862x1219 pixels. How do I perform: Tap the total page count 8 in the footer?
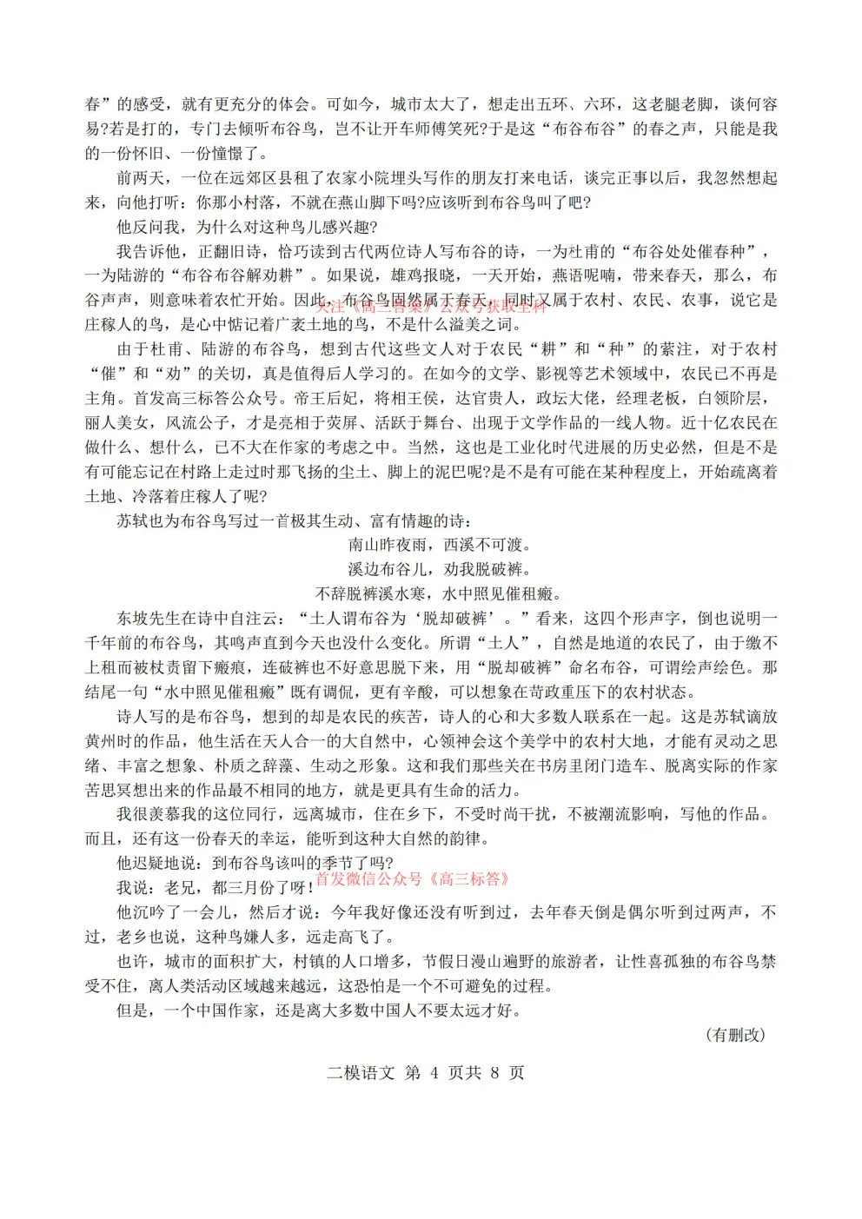tap(494, 1072)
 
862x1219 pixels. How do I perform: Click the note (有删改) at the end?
tap(737, 1034)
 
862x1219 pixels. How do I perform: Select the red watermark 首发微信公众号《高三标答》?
tap(412, 878)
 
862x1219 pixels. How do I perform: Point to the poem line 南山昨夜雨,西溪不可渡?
tap(439, 545)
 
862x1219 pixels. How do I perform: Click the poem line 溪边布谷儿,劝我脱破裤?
tap(439, 569)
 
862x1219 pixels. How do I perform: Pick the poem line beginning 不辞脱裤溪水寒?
tap(439, 594)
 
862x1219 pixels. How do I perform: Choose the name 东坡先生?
tap(148, 619)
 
